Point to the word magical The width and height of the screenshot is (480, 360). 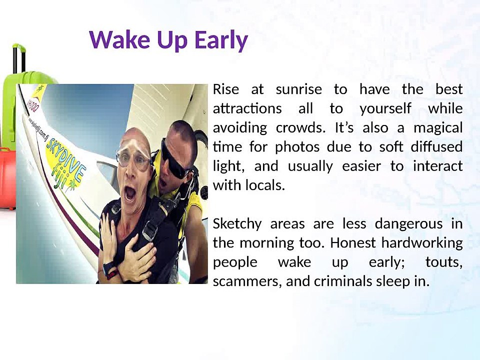437,128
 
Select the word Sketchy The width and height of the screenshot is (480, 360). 237,224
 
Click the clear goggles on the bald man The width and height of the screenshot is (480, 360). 133,157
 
